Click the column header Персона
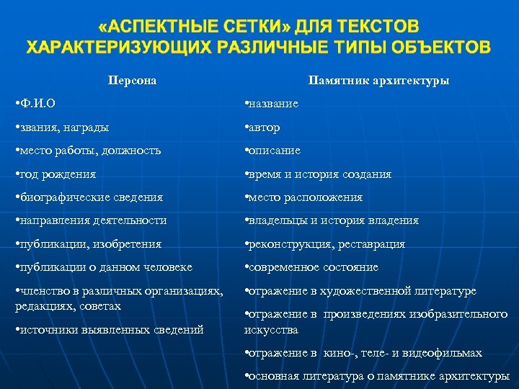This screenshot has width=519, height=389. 132,80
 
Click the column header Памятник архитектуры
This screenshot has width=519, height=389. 378,80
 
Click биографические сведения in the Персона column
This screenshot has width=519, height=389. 89,197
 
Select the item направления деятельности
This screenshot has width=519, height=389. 91,220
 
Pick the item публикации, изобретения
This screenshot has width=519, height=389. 88,243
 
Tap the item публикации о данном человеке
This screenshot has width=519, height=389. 104,267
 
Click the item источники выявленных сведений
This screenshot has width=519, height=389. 109,329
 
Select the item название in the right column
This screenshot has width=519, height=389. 272,104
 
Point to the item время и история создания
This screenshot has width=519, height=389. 318,174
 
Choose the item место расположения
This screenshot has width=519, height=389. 303,197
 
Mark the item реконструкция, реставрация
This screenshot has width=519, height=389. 325,243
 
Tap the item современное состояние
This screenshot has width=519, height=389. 311,267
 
